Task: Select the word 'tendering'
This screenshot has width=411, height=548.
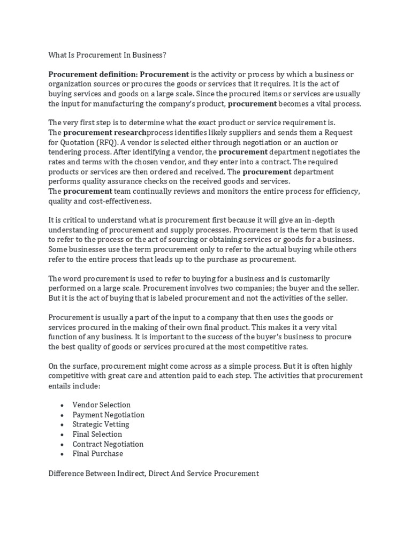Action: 65,152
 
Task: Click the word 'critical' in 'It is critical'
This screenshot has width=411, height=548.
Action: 75,220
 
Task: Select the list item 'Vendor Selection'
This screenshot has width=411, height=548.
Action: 102,405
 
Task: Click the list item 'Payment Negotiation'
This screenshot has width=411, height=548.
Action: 109,415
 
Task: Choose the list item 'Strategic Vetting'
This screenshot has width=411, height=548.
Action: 101,424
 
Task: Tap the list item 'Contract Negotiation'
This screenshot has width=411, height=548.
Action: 108,444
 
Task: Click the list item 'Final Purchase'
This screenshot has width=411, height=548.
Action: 98,454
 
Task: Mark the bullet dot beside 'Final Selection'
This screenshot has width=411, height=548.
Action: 63,435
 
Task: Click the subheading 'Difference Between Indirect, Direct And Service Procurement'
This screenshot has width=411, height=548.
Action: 154,474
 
